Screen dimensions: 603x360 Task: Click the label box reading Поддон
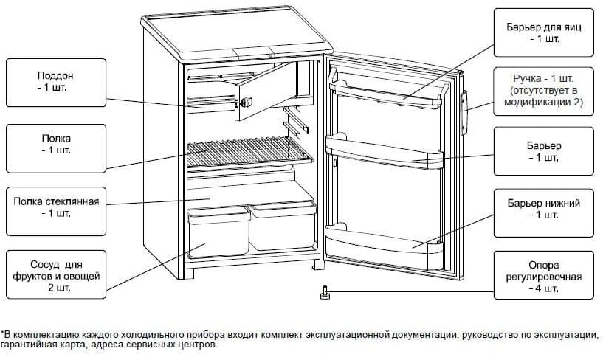point(55,81)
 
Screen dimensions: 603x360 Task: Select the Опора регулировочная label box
point(544,276)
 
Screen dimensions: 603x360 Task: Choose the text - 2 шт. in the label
point(55,288)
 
